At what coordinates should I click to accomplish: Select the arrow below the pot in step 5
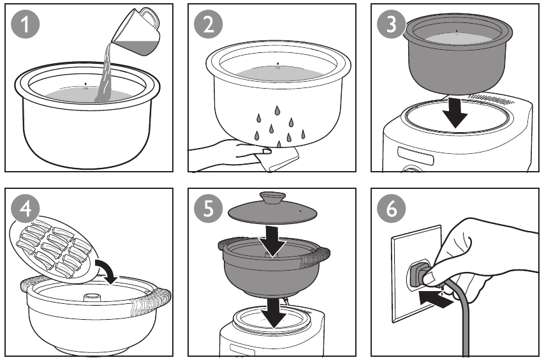tap(276, 310)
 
